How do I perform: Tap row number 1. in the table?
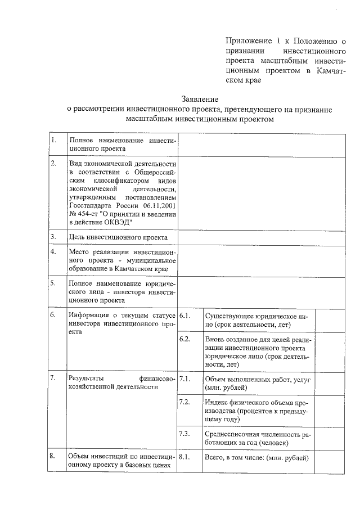point(53,140)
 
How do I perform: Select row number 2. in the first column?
point(53,163)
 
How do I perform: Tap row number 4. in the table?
point(53,252)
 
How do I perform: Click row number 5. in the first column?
point(53,283)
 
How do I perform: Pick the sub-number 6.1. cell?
point(184,316)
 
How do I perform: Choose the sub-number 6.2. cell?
point(184,339)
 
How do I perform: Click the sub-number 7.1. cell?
point(184,379)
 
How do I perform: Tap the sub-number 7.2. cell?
point(184,402)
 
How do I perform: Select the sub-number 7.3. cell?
point(184,434)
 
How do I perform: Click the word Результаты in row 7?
point(85,379)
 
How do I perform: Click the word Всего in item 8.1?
point(215,458)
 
